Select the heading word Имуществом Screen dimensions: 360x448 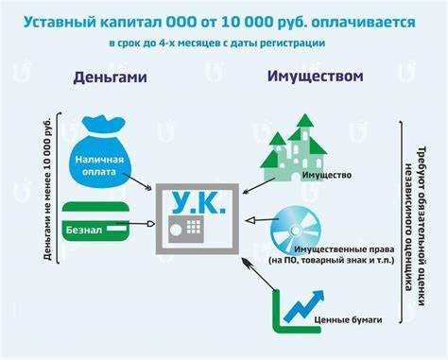[314, 77]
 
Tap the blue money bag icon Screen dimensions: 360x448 [100, 152]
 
